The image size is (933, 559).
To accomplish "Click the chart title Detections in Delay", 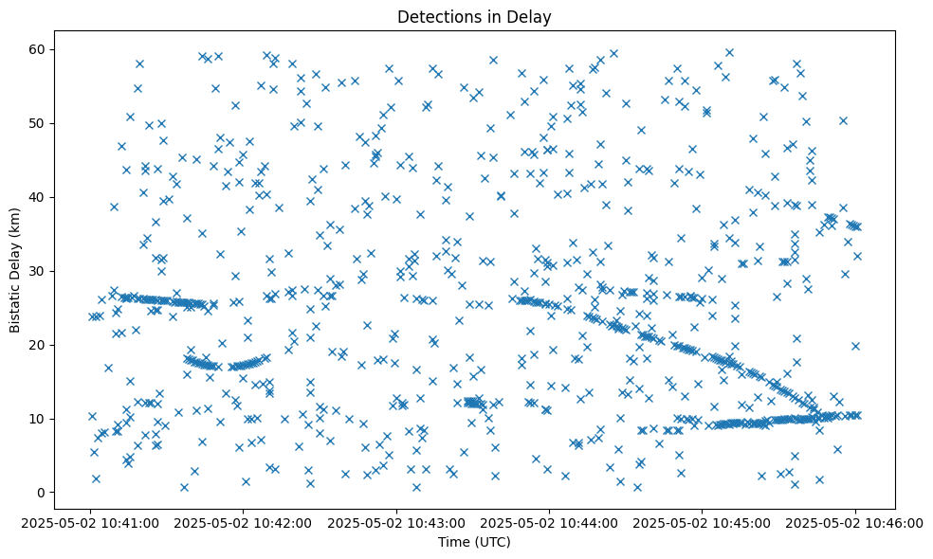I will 474,16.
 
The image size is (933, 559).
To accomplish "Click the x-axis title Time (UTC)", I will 474,542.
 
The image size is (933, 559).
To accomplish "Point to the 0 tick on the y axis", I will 42,493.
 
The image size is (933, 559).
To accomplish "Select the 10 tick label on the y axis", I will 38,419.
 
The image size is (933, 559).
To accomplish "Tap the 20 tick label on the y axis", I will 38,345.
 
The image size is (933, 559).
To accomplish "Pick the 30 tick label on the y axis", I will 38,271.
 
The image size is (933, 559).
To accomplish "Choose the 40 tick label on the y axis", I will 38,197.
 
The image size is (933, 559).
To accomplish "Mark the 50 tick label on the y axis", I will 38,123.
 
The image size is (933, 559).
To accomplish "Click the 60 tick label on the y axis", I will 38,49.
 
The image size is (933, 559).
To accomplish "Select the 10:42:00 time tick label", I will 245,522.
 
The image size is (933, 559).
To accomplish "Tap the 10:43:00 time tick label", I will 397,522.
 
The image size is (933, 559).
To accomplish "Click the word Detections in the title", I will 437,16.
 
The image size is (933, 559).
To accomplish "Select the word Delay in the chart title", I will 532,16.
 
